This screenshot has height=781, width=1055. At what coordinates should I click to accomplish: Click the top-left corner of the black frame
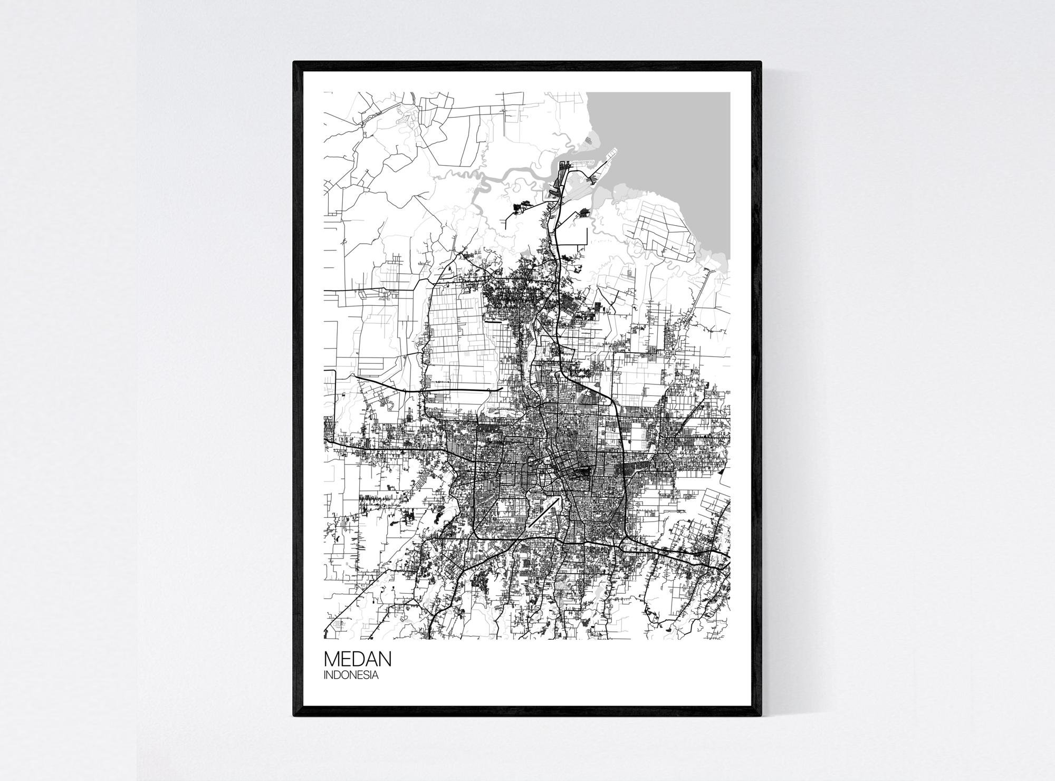(295, 63)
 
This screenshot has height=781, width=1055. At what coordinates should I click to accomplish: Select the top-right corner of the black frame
(760, 63)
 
